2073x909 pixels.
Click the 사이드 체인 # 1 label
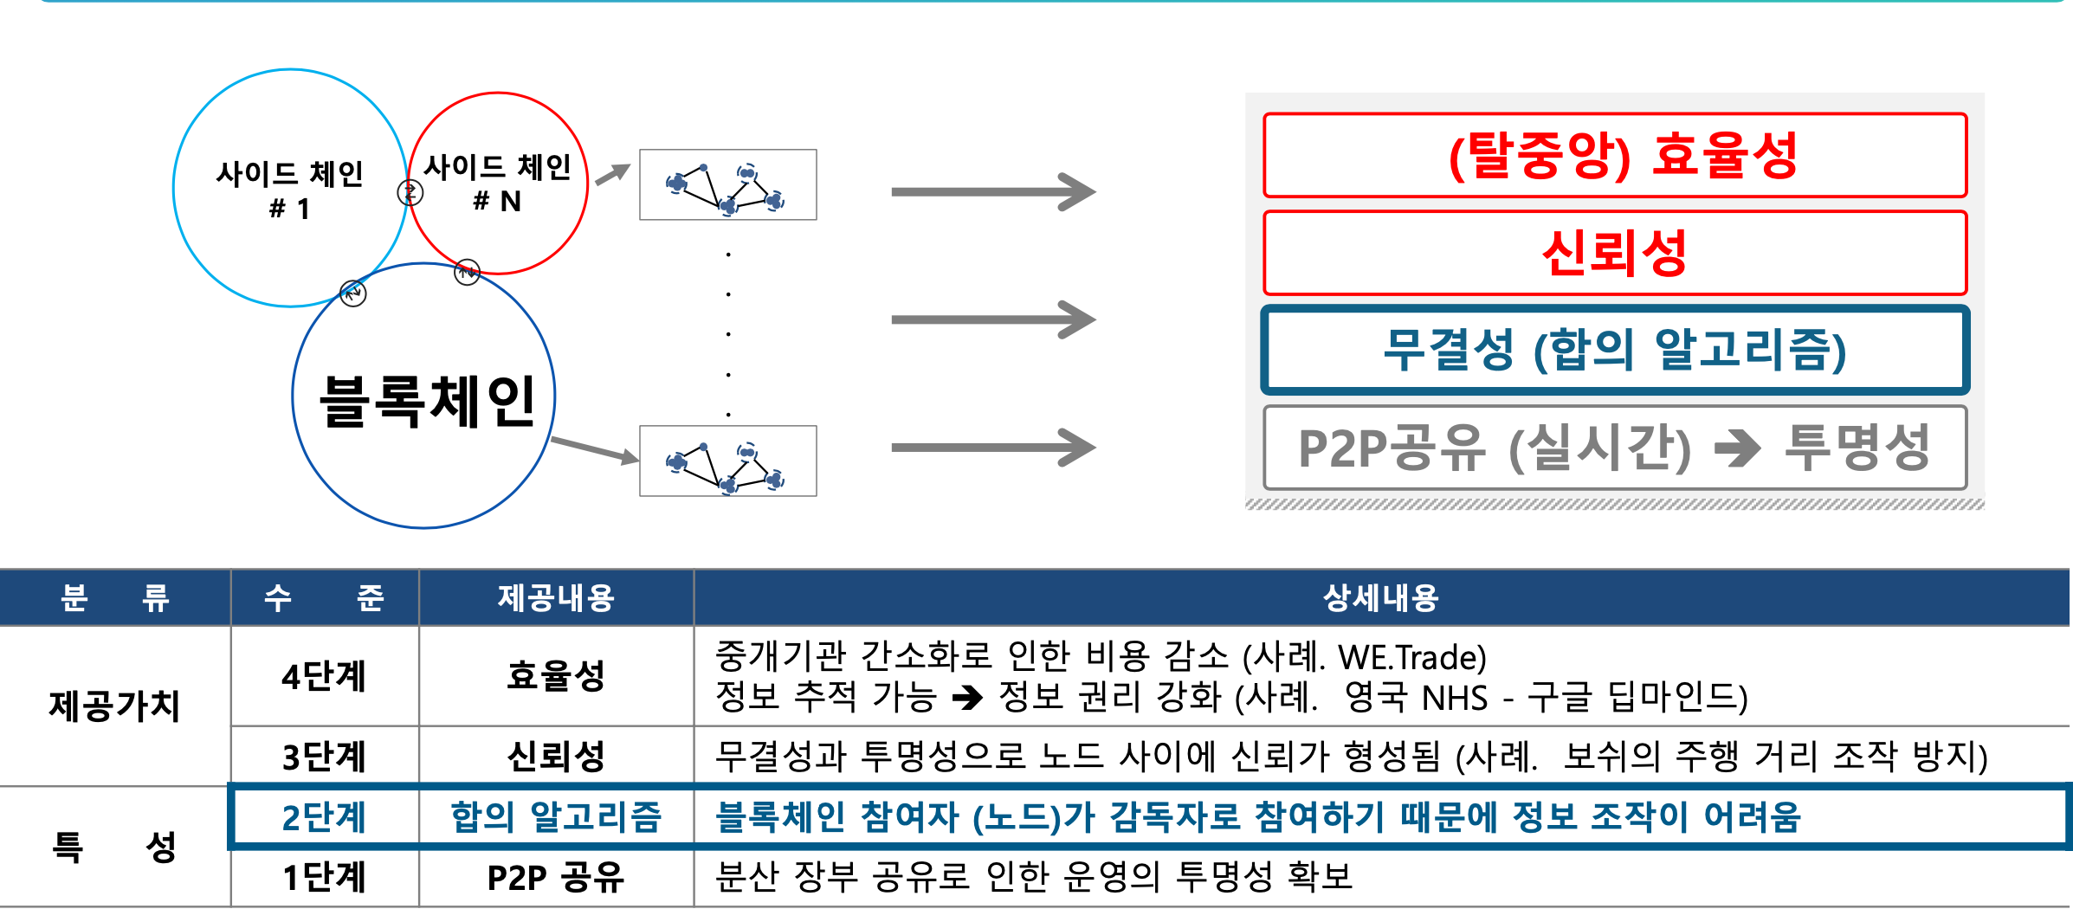click(289, 190)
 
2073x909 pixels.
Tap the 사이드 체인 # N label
click(497, 183)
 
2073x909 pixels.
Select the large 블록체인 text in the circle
click(427, 402)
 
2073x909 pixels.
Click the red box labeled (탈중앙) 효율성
click(1615, 156)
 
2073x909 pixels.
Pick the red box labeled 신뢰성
click(1615, 254)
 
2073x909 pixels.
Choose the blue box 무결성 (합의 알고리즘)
click(1615, 351)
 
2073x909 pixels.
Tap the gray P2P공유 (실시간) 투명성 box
click(1615, 448)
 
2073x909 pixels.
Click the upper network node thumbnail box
click(727, 184)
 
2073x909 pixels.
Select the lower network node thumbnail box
click(727, 461)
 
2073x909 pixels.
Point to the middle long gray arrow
click(992, 319)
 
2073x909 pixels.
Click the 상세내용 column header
click(1380, 598)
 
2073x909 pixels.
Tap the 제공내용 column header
click(556, 598)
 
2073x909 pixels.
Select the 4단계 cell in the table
click(325, 676)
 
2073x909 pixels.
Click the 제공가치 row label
click(114, 706)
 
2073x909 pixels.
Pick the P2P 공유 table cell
click(556, 878)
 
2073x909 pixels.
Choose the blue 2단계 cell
click(325, 817)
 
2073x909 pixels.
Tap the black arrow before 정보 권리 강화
click(967, 698)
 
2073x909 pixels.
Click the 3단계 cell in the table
click(325, 757)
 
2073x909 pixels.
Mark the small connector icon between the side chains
click(410, 192)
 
